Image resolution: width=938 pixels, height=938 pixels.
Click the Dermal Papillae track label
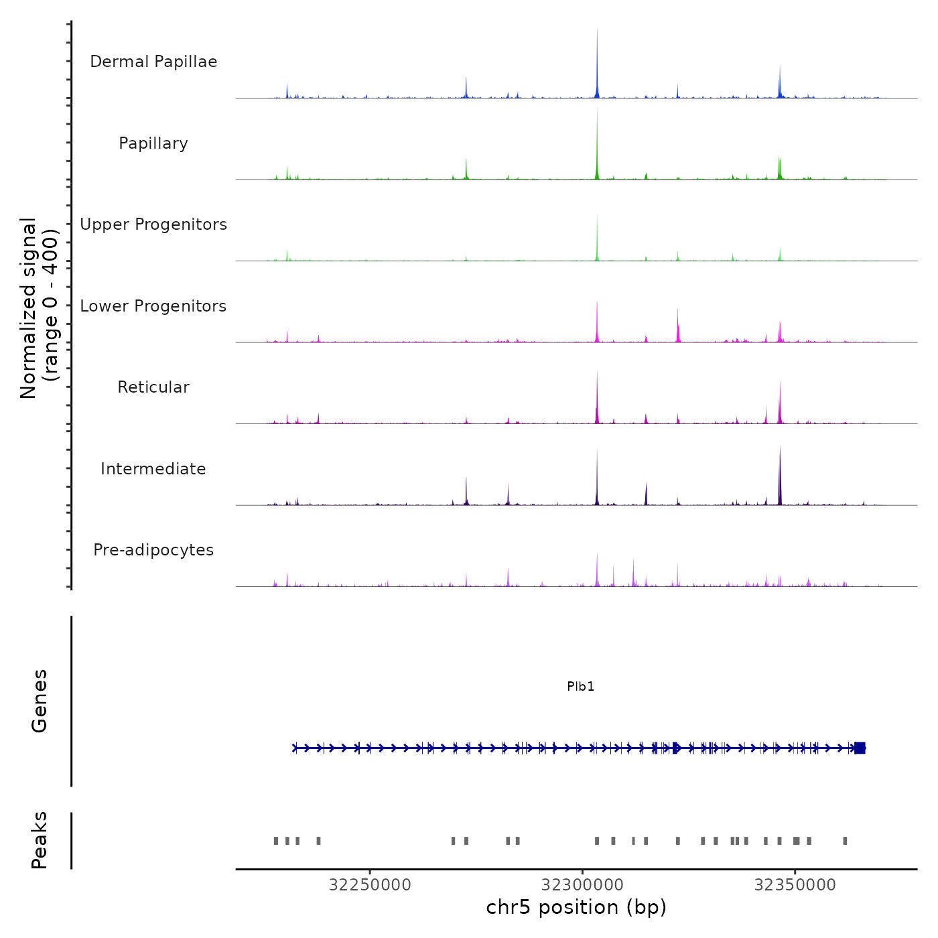point(153,62)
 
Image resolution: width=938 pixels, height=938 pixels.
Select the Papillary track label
point(153,143)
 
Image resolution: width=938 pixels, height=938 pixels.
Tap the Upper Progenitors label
point(153,224)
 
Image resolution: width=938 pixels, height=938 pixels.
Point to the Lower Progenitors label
point(153,306)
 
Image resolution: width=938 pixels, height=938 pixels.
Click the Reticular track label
point(153,387)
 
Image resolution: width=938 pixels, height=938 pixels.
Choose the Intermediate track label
point(153,469)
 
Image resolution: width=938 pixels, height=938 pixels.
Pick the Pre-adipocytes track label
point(153,550)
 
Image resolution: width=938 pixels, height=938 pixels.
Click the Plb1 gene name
point(580,687)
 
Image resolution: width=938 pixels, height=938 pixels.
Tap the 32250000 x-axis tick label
point(370,885)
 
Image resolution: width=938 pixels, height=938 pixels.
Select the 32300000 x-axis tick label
point(583,885)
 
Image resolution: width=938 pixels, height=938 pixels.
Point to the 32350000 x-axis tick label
point(795,885)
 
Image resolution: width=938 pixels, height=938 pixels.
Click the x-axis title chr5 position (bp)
point(576,908)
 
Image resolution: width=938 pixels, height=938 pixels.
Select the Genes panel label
point(40,701)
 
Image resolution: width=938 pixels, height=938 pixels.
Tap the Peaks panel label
point(40,840)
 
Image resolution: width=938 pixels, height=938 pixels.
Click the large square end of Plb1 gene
point(860,748)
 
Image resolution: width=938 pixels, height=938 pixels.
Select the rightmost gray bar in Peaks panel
point(845,841)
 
